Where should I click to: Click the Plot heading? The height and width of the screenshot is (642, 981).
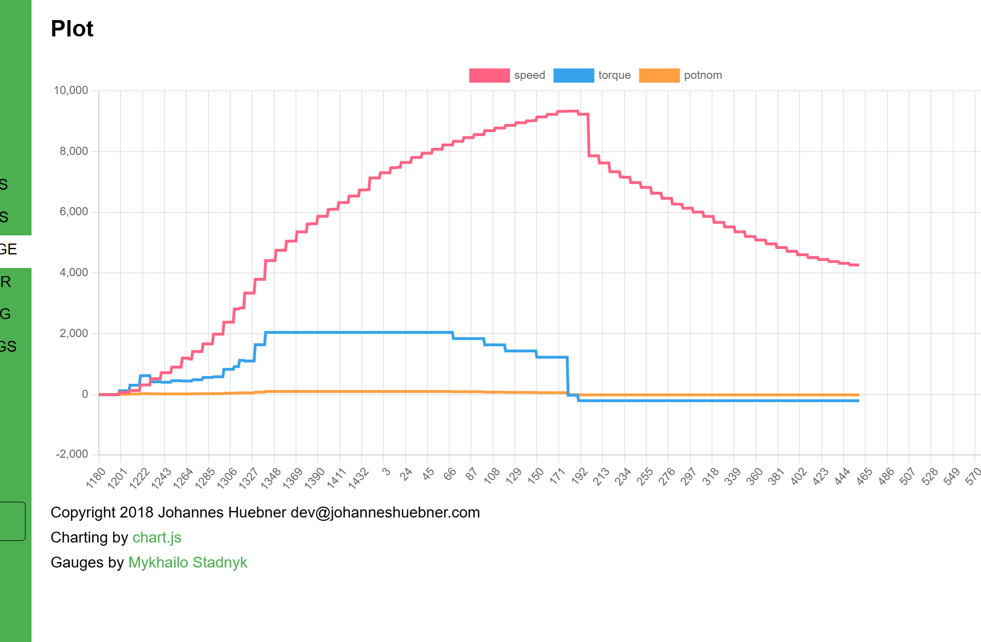coord(72,29)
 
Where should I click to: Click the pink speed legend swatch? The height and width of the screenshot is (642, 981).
coord(489,76)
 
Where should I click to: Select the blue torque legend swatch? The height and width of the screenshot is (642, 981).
coord(573,76)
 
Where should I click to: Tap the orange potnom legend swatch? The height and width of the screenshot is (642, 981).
coord(659,76)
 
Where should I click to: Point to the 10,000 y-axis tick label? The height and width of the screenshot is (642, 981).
coord(71,90)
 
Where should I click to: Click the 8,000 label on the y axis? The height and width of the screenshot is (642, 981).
coord(74,151)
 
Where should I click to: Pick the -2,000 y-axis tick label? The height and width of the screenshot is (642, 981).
coord(72,454)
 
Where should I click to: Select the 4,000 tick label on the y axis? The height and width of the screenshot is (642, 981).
coord(74,272)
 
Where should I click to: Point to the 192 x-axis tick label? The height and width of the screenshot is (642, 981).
coord(580,476)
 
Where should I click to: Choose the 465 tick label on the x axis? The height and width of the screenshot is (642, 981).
coord(864,476)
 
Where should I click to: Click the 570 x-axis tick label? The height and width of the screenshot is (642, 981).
coord(973,476)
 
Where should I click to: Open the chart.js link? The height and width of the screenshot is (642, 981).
coord(156,538)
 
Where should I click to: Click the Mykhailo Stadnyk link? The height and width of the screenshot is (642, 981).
coord(187,563)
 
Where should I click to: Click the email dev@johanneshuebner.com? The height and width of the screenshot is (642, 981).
coord(385,513)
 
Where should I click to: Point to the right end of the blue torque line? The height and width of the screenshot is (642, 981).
coord(858,401)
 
